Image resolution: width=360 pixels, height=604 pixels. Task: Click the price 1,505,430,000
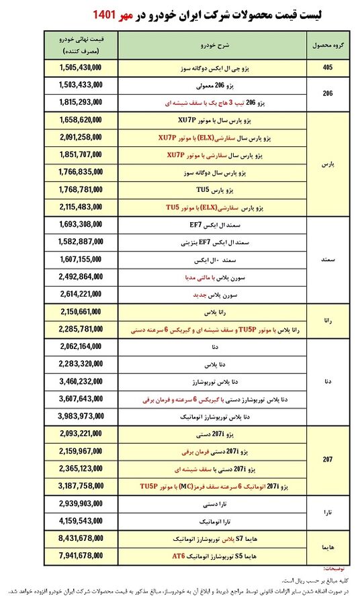[x=81, y=68]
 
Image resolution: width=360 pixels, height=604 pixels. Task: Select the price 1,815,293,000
[x=81, y=103]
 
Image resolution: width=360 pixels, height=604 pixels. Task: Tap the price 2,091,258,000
[x=81, y=138]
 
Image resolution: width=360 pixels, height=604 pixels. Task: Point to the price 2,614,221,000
[x=81, y=294]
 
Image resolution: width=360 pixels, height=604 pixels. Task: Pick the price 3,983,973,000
[x=81, y=416]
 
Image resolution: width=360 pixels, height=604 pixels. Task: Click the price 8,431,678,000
[x=81, y=538]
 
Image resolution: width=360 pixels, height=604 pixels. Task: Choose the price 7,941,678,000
[x=81, y=555]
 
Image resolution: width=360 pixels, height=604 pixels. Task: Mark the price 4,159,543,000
[x=81, y=520]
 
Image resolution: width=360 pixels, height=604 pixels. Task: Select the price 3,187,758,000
[x=81, y=485]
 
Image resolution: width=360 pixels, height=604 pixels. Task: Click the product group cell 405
[x=328, y=68]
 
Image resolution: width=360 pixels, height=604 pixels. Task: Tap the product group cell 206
[x=328, y=95]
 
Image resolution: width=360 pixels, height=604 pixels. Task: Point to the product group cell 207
[x=328, y=460]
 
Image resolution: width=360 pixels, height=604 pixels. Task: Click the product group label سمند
[x=328, y=258]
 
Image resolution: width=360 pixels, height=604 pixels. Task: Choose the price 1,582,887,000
[x=81, y=242]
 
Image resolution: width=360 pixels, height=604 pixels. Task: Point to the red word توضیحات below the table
[x=340, y=568]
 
